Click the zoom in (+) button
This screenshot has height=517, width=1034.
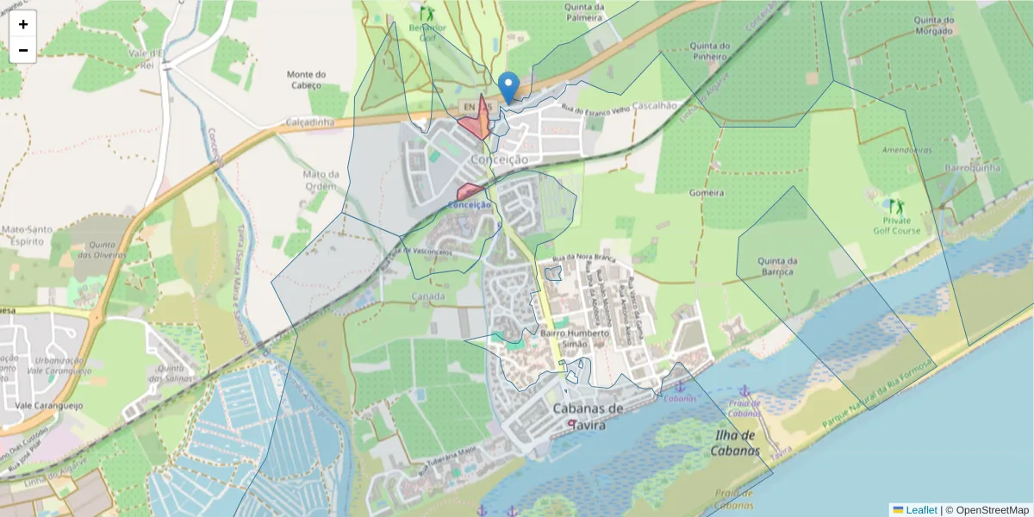click(x=23, y=24)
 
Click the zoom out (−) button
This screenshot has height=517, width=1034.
click(x=23, y=50)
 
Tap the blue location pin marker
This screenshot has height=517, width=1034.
click(x=509, y=87)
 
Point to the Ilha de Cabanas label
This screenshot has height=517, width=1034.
click(x=737, y=443)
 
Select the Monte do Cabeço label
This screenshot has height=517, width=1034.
click(x=306, y=79)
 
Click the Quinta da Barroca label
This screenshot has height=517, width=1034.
click(x=777, y=266)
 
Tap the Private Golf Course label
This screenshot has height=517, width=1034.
click(x=896, y=226)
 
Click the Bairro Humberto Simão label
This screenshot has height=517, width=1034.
click(x=574, y=338)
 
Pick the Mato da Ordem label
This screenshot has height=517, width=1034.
click(x=321, y=179)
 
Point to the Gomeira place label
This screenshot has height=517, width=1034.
click(x=707, y=193)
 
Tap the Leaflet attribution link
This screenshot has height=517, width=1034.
click(x=920, y=509)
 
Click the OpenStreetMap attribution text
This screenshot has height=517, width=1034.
click(x=992, y=509)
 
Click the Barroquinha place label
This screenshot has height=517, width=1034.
click(x=972, y=167)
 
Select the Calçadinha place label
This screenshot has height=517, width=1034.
click(x=309, y=122)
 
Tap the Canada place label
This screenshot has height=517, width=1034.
click(x=428, y=296)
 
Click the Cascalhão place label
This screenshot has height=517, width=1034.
click(x=655, y=104)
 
